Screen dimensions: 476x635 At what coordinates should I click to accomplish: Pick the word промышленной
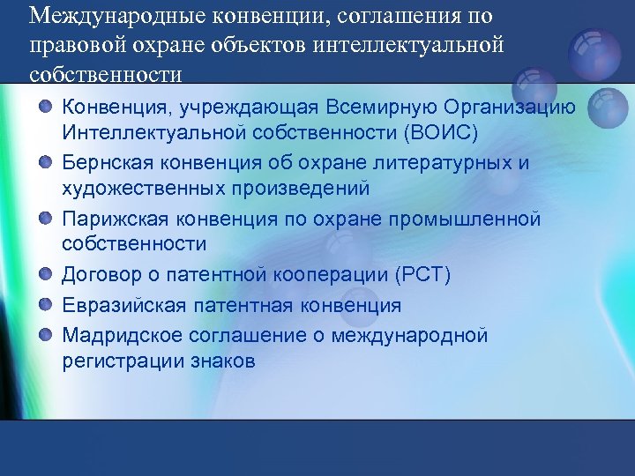click(x=483, y=219)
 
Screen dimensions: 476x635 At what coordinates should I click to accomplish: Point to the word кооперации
click(x=321, y=275)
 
